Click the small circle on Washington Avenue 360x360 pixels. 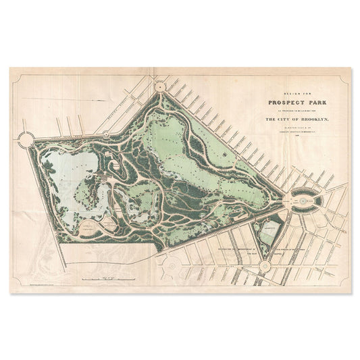264,265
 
